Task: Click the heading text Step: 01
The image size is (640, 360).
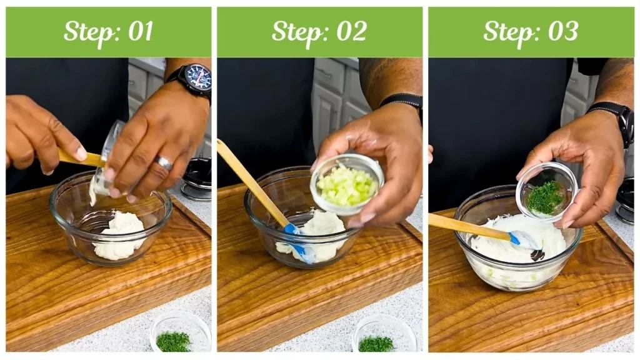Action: point(108,31)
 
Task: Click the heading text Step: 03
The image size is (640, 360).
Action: point(531,31)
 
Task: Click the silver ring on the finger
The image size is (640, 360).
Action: point(164,163)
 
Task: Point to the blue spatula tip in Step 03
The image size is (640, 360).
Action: point(521,239)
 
